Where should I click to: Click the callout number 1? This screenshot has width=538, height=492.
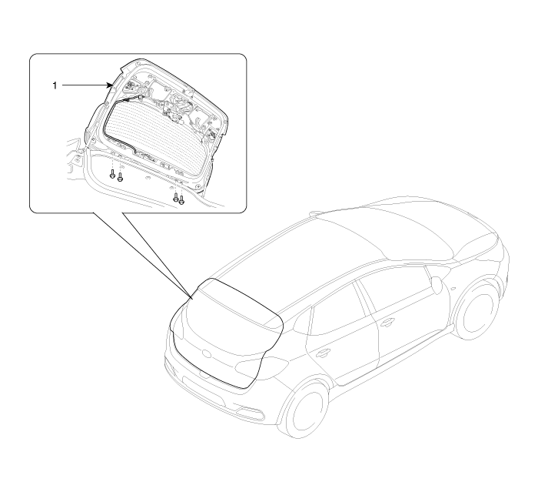[x=55, y=85]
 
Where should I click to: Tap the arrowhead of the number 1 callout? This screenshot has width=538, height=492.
[x=111, y=85]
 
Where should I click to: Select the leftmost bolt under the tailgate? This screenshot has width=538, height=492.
[x=112, y=174]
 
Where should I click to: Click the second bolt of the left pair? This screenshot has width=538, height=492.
[x=120, y=177]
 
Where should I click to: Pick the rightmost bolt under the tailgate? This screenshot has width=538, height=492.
[x=182, y=199]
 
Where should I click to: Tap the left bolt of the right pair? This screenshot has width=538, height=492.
[x=176, y=197]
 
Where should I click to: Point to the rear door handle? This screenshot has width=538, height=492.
[x=323, y=353]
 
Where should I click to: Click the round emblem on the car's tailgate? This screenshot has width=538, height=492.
[x=207, y=353]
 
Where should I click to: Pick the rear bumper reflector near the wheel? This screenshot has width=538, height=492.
[x=249, y=410]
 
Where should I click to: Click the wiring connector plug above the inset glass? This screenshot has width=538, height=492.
[x=140, y=96]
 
